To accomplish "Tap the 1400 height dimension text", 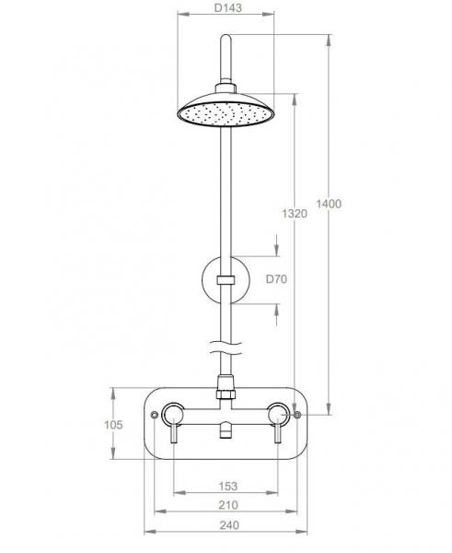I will [328, 204].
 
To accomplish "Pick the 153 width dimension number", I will [226, 486].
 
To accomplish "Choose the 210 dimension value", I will [226, 505].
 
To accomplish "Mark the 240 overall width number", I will [226, 525].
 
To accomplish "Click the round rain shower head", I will [225, 109].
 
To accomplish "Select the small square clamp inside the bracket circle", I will [224, 278].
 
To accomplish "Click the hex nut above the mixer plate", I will [225, 391].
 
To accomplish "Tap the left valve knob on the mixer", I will [173, 412].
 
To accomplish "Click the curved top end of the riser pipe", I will [224, 41].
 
